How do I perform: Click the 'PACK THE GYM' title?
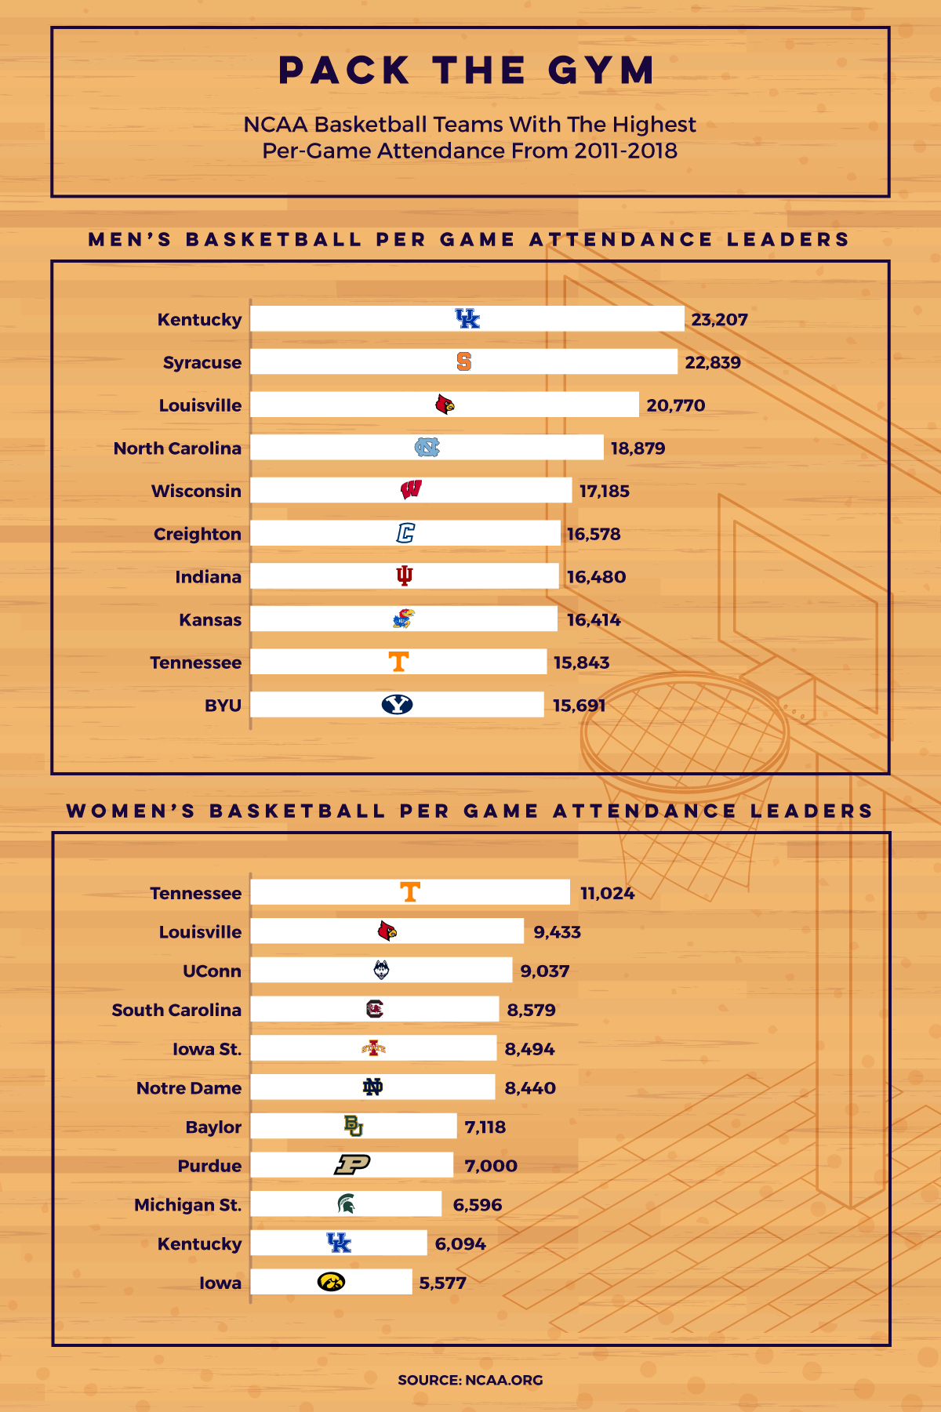point(467,71)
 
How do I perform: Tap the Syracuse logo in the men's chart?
point(464,361)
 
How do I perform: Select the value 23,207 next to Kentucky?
point(719,320)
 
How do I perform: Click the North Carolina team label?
point(177,448)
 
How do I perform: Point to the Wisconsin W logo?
point(411,490)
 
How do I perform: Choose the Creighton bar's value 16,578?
point(594,534)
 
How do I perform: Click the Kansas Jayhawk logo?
point(403,619)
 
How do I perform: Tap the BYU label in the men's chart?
point(223,706)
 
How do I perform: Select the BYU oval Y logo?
point(398,705)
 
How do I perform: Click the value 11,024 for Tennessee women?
point(607,894)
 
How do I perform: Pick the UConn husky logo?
point(382,970)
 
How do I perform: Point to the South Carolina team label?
point(176,1010)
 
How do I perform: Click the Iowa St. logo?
point(374,1048)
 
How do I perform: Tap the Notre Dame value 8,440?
point(530,1088)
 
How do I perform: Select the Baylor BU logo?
point(354,1126)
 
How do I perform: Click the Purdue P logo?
point(352,1165)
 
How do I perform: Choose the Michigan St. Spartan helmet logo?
point(346,1203)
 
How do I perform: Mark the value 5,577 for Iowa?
point(442,1283)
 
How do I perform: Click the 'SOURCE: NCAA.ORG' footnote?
point(470,1380)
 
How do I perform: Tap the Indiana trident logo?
point(404,576)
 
